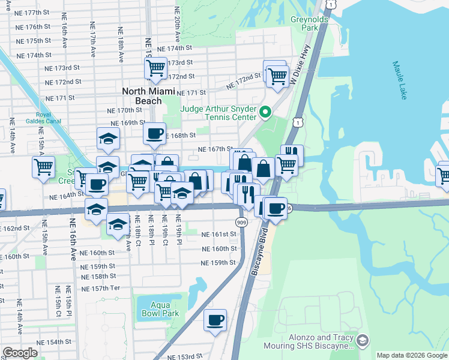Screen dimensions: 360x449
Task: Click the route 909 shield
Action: point(241,221)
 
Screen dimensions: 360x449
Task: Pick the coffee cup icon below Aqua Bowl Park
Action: point(215,319)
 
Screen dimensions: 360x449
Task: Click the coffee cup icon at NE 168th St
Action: point(154,132)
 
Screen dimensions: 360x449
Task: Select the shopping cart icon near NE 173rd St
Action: point(155,67)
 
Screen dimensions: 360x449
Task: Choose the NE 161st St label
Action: point(218,235)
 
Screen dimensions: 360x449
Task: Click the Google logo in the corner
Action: point(20,353)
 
